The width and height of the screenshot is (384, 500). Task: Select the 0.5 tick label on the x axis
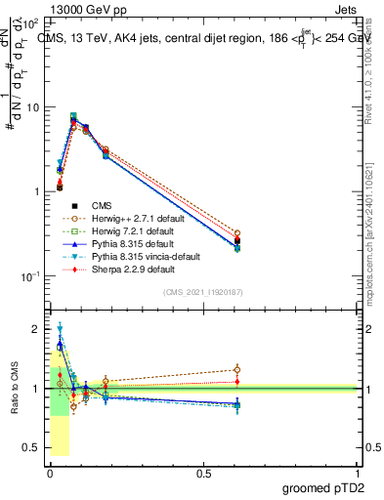pos(203,473)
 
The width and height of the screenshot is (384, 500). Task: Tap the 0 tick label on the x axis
pos(50,473)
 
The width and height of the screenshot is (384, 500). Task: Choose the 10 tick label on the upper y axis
pos(32,106)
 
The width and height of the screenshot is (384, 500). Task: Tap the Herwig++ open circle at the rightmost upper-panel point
pos(237,234)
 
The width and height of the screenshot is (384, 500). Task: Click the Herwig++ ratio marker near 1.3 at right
pos(237,370)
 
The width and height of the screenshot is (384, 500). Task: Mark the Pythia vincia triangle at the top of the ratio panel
pos(61,329)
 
